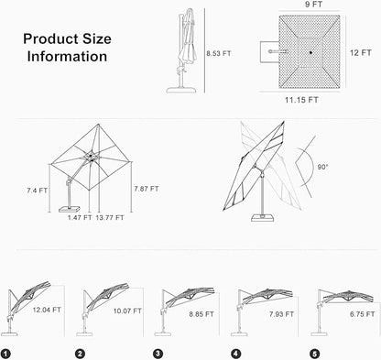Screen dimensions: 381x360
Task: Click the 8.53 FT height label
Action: (219, 53)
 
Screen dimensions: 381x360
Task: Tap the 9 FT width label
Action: (314, 5)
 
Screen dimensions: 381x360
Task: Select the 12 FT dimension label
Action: (361, 53)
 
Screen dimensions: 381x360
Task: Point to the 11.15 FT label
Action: (301, 100)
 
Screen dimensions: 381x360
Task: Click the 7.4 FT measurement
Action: (37, 191)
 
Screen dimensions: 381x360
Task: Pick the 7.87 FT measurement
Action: (147, 189)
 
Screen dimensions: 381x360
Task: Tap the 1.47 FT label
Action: (80, 217)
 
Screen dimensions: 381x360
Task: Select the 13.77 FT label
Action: (110, 217)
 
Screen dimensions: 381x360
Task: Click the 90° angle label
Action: (322, 167)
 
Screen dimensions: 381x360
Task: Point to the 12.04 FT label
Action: (47, 310)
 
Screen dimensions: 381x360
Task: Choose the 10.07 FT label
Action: (127, 311)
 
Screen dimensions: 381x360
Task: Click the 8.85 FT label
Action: (201, 314)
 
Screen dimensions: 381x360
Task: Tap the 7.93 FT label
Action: (281, 314)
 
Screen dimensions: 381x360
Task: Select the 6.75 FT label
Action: (362, 314)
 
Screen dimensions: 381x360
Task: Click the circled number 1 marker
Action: (5, 354)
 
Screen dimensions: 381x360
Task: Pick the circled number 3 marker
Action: (158, 354)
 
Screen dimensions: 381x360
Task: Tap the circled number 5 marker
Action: (314, 354)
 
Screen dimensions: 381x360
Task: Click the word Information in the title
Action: (67, 57)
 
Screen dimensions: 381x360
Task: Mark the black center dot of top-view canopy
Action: (310, 52)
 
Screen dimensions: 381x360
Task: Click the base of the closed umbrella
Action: (181, 90)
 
